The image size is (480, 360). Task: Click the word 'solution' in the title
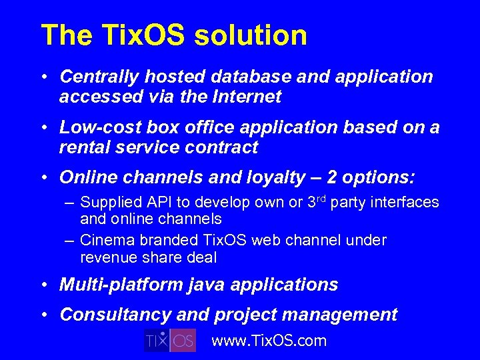pyautogui.click(x=251, y=35)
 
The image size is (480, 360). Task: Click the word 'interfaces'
pyautogui.click(x=408, y=202)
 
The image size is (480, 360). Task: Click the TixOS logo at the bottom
pyautogui.click(x=170, y=340)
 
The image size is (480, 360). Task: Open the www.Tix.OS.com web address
pyautogui.click(x=269, y=341)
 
